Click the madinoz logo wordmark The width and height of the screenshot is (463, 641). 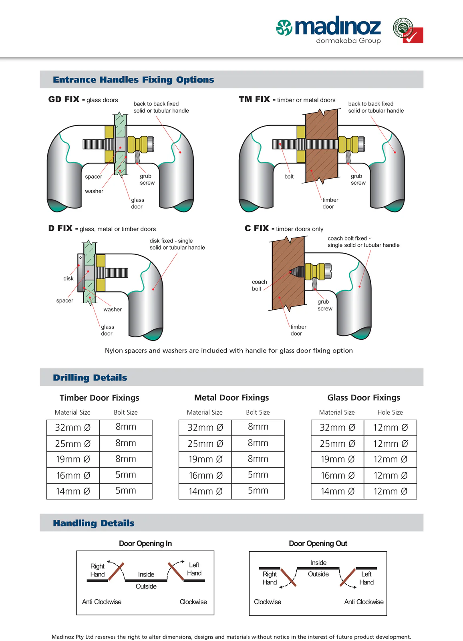[x=337, y=27]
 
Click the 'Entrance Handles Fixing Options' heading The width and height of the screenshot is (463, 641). [x=133, y=80]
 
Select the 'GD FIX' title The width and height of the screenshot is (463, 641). [x=64, y=99]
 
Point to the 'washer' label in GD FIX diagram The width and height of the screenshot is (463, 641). [x=94, y=191]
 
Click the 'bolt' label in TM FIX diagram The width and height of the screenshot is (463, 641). [x=289, y=177]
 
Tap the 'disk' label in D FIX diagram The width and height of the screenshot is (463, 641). [x=68, y=278]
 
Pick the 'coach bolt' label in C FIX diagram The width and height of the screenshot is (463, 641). [x=259, y=285]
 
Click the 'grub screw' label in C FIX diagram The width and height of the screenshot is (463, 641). [x=325, y=305]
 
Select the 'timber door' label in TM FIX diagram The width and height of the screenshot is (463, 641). [x=330, y=203]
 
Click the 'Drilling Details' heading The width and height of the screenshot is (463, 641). [x=90, y=377]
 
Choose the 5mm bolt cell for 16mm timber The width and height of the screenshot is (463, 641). [x=126, y=475]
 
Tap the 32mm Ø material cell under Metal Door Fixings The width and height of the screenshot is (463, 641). [x=205, y=427]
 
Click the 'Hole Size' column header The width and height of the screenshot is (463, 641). [x=390, y=412]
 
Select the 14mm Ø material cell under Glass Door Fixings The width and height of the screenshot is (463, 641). [x=337, y=491]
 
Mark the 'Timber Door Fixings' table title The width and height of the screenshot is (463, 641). [x=99, y=398]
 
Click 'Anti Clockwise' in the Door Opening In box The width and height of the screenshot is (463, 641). [x=102, y=602]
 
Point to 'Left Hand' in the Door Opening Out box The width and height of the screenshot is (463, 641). [x=366, y=578]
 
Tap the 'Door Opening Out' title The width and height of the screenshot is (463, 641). [x=318, y=544]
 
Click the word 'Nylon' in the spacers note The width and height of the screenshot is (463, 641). [x=114, y=351]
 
